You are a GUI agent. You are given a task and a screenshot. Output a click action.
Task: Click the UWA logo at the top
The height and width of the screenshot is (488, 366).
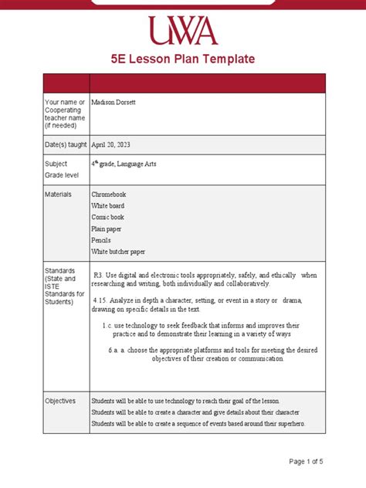pos(183,30)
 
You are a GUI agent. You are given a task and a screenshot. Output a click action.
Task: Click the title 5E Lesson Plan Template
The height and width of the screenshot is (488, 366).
pos(183,59)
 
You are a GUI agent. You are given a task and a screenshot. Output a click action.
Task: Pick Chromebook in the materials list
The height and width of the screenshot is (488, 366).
pos(108,195)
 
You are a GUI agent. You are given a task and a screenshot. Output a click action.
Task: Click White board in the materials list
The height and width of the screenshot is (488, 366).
pos(107,206)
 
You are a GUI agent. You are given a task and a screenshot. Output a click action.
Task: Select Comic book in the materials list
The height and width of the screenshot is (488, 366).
pos(107,218)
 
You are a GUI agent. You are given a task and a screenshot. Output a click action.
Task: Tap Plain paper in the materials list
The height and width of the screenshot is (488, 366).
pos(107,229)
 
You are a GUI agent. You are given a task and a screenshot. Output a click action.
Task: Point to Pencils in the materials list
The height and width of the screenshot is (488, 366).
pos(102,240)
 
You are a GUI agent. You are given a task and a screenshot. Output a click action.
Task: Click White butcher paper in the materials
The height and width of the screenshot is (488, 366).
pos(118,252)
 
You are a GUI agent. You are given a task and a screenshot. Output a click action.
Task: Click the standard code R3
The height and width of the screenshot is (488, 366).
pos(98,275)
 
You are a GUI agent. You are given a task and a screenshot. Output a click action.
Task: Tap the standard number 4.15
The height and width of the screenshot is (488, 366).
pos(98,300)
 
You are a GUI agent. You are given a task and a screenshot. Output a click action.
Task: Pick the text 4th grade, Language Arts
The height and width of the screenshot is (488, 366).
pos(124,164)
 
